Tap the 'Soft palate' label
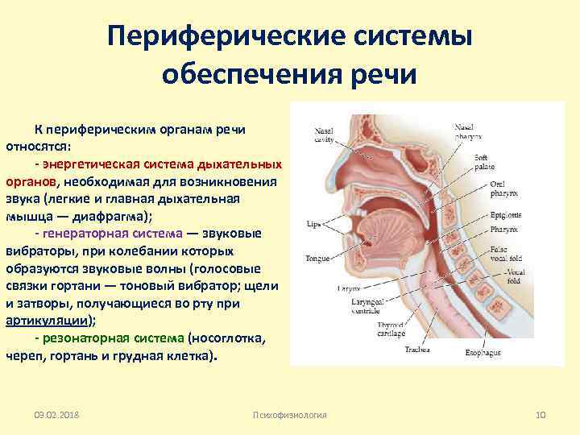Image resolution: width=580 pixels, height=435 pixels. pyautogui.click(x=485, y=162)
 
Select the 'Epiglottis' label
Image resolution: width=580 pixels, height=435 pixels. pyautogui.click(x=505, y=215)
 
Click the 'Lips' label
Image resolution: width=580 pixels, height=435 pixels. pyautogui.click(x=314, y=222)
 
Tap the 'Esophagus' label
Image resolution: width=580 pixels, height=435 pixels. pyautogui.click(x=483, y=353)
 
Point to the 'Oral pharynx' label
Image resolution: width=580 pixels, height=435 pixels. pyautogui.click(x=505, y=189)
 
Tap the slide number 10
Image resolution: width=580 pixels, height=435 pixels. pyautogui.click(x=541, y=414)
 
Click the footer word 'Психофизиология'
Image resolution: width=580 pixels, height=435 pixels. pyautogui.click(x=289, y=414)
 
